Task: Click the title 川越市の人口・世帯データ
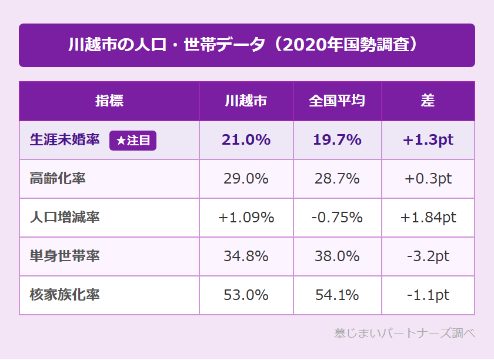coord(246,45)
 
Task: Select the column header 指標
coord(109,101)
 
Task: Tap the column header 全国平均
coord(337,101)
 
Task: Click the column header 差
coord(428,101)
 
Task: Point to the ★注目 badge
coord(133,140)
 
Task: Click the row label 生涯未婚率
coord(65,140)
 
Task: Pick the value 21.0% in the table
coord(246,140)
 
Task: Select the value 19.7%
coord(337,140)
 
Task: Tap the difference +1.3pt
coord(428,140)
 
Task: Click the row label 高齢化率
coord(58,178)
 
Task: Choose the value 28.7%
coord(337,179)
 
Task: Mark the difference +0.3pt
coord(428,179)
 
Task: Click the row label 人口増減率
coord(65,217)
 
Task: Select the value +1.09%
coord(246,218)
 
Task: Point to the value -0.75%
coord(337,218)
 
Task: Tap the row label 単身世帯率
coord(65,256)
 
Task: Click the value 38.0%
coord(337,256)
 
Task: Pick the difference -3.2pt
coord(428,256)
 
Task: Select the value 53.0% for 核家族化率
coord(246,295)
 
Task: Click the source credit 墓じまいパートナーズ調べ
coord(404,334)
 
